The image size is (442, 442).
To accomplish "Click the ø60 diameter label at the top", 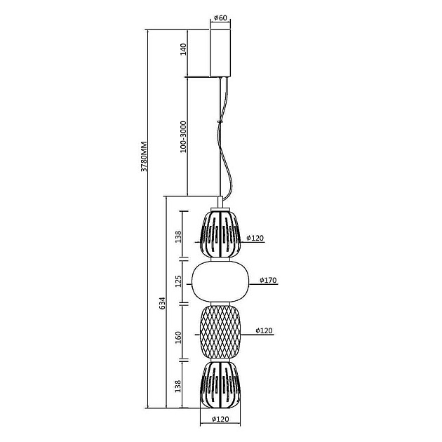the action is (220, 18).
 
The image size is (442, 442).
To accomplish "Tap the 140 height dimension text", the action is (183, 49).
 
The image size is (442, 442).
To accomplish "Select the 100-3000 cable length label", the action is (183, 137).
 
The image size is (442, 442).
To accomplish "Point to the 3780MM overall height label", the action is (144, 156).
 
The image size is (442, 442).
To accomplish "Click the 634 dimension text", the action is (162, 303).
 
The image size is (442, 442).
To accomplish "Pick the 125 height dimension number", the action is (178, 281).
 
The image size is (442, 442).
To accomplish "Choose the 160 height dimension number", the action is (178, 337).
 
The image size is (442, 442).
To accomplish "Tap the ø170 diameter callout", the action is (268, 280).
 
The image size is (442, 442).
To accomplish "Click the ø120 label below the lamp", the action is (220, 419).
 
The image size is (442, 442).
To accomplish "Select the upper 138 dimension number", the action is (178, 237).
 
